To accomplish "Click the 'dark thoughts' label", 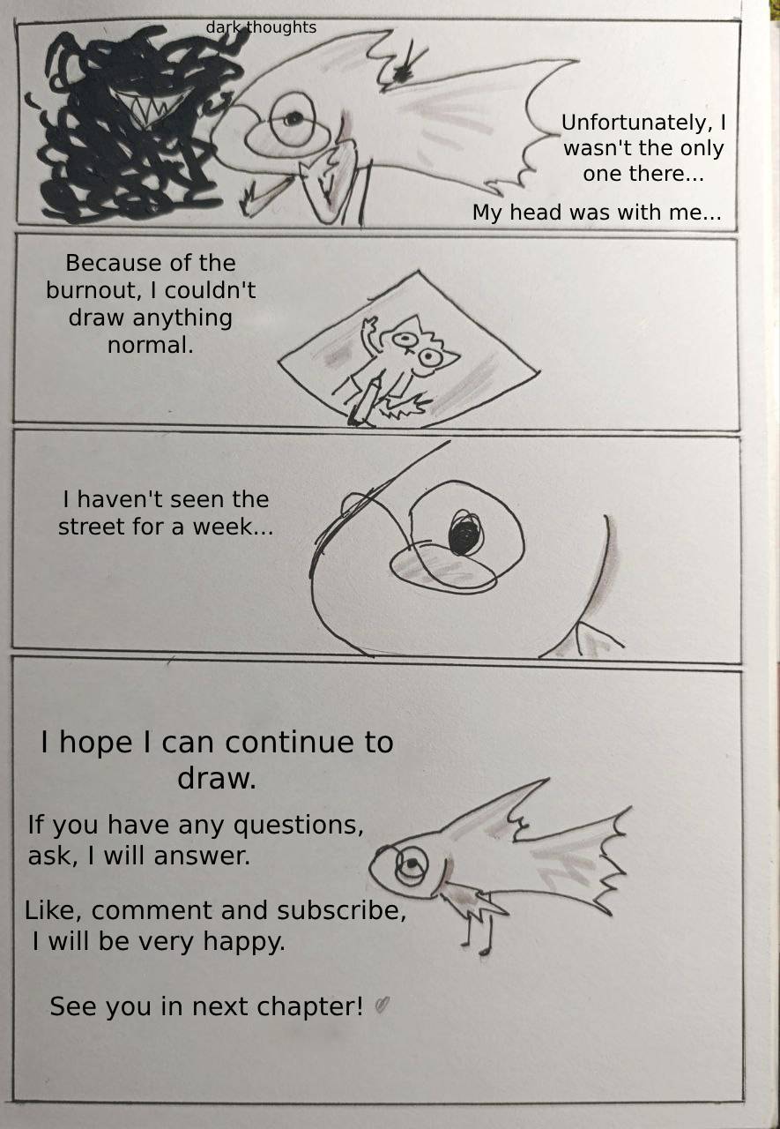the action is [261, 27].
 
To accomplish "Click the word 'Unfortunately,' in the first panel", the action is [636, 123].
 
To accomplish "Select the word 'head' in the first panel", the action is [535, 213].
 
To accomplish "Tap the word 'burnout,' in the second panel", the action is [91, 291].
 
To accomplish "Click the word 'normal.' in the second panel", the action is [150, 345].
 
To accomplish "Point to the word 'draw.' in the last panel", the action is [217, 779].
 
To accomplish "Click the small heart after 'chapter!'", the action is [383, 1006].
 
